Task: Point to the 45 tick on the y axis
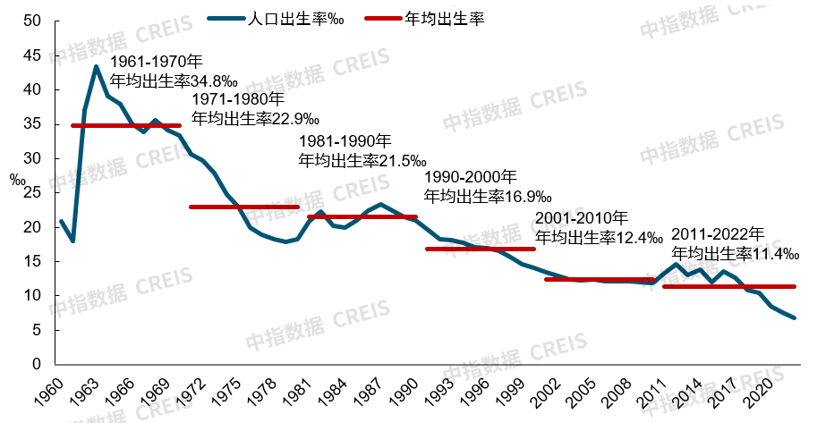[x=33, y=55]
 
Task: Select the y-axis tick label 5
[x=38, y=330]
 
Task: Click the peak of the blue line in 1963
[x=96, y=66]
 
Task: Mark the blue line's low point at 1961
[x=72, y=241]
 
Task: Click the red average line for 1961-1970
[x=125, y=125]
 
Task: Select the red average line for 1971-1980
[x=243, y=207]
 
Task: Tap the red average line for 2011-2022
[x=728, y=286]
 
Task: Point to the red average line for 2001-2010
[x=600, y=279]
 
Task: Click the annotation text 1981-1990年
[x=345, y=142]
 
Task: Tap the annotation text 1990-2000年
[x=470, y=177]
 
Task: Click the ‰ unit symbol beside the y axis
[x=18, y=179]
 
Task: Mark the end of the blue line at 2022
[x=794, y=317]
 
